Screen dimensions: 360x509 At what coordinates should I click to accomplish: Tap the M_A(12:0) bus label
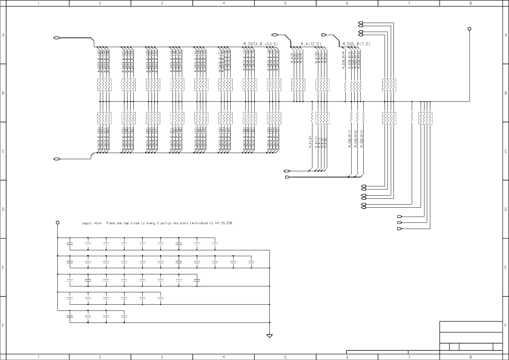pos(311,44)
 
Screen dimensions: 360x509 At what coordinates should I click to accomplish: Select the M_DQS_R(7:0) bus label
pos(356,44)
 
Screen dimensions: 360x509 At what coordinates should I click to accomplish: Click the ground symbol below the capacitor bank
pos(269,336)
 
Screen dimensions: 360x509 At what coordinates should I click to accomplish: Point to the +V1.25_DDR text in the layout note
pos(223,223)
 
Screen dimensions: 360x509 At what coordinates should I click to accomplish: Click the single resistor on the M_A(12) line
pos(312,118)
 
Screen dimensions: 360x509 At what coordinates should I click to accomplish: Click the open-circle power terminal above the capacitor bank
pos(58,222)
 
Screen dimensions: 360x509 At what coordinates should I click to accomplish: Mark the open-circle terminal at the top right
pos(469,29)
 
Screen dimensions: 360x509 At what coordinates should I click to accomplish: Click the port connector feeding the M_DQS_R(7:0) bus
pos(324,35)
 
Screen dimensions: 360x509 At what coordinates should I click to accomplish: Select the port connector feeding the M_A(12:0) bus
pos(275,35)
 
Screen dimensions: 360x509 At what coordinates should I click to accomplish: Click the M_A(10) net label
pos(316,58)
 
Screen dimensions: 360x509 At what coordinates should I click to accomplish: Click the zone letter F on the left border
pos(3,325)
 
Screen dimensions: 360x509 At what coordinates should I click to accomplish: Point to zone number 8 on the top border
pos(471,3)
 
